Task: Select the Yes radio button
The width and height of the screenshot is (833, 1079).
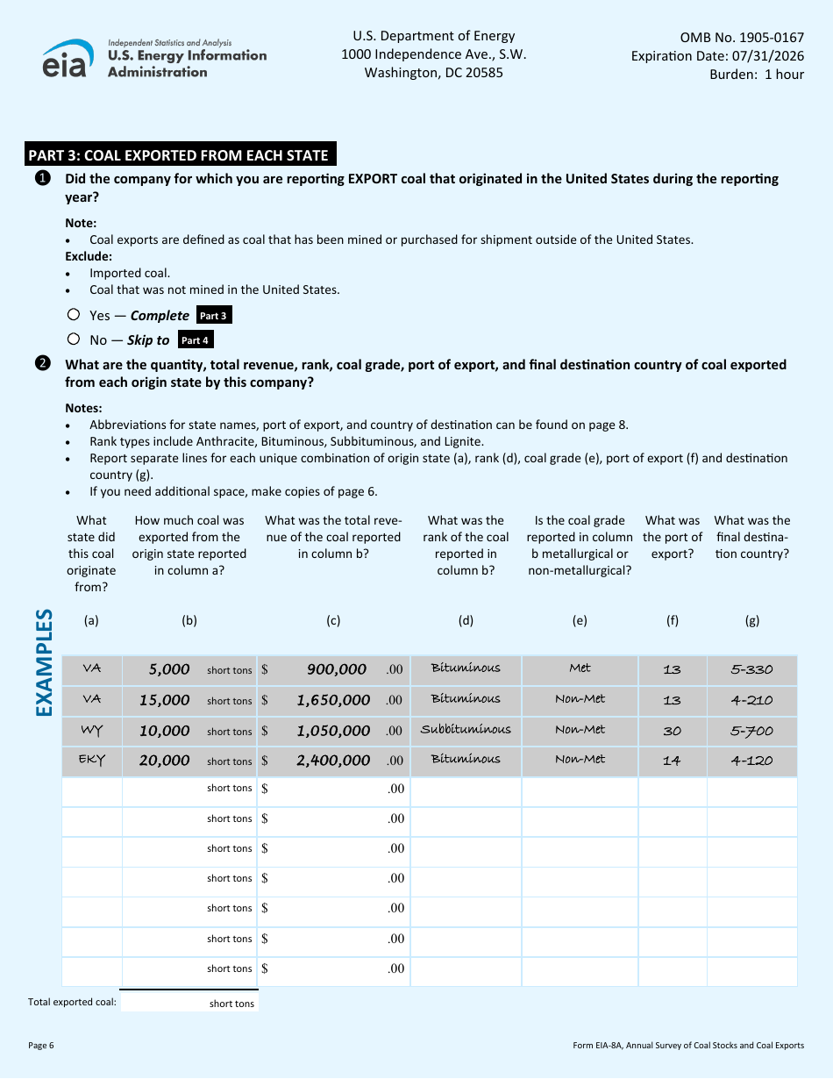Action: point(74,315)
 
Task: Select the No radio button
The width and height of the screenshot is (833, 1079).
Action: point(74,339)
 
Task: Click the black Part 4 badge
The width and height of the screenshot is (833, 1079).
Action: point(195,340)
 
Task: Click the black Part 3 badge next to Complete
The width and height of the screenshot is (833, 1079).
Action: point(213,316)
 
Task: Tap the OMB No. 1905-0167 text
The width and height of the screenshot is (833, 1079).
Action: point(742,37)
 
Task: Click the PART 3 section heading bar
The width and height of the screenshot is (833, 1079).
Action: point(179,155)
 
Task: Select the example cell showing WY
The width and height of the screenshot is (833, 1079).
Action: point(92,730)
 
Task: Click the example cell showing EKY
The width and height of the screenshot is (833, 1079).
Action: point(92,760)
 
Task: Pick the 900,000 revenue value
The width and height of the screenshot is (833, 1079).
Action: point(337,669)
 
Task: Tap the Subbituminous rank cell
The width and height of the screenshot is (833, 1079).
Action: point(466,729)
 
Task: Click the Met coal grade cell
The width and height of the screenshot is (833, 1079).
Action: point(580,668)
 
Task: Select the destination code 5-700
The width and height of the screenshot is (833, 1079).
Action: point(751,731)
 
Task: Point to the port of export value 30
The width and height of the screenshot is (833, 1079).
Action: point(672,731)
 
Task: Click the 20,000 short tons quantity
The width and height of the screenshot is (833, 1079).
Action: point(164,761)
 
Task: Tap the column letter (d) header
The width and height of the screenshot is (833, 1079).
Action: point(466,620)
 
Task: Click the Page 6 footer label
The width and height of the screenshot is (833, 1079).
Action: point(41,1045)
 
